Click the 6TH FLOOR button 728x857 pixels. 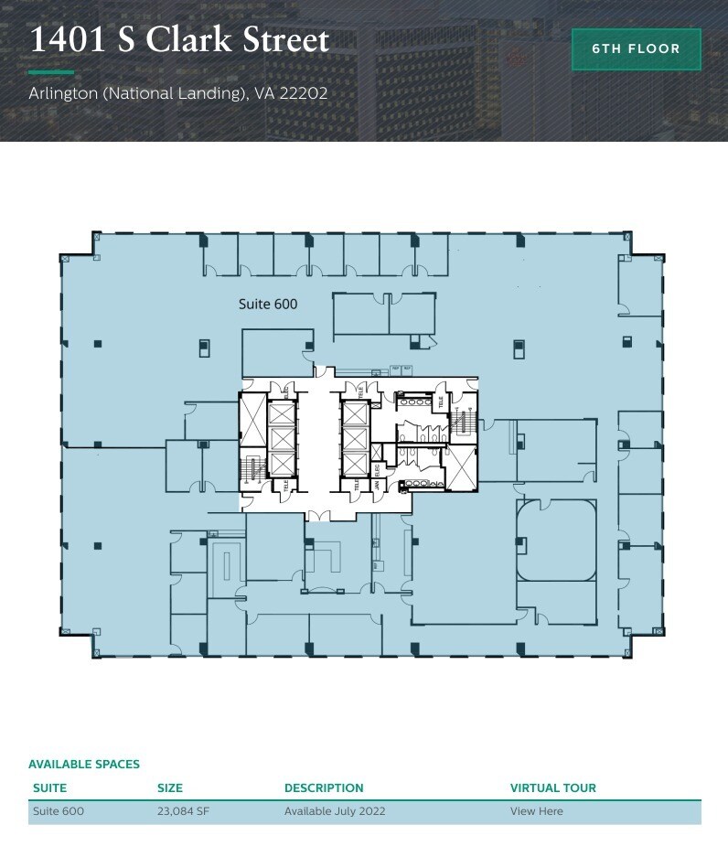[x=636, y=48]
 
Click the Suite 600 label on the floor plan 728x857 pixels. [x=268, y=304]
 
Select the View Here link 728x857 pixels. [x=536, y=811]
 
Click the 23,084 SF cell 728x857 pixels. [x=183, y=811]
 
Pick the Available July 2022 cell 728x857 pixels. [x=335, y=811]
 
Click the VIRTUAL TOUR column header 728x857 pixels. [x=552, y=787]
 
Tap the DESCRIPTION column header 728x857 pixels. [x=324, y=787]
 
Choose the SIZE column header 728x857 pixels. [x=170, y=787]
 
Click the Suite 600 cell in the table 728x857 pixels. [x=59, y=811]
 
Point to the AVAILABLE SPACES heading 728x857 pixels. [x=84, y=764]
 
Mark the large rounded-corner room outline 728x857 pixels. [x=556, y=540]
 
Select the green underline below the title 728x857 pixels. [x=51, y=71]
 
